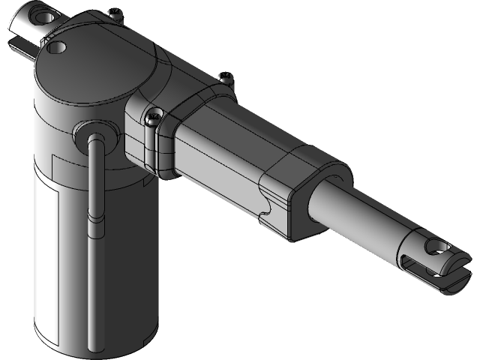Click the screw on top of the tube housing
pos(224,75)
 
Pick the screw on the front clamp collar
pos(153,116)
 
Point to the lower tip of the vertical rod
pos(92,345)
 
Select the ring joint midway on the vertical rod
pos(93,219)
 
